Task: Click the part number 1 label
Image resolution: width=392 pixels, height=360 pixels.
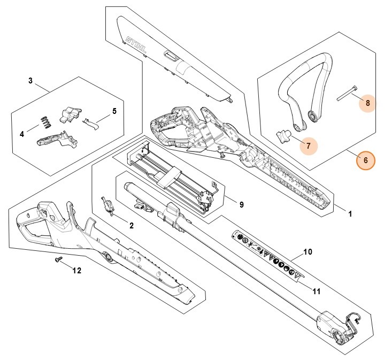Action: (350, 214)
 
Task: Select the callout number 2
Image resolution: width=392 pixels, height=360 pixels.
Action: (132, 226)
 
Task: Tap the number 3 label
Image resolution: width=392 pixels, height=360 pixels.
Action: (30, 81)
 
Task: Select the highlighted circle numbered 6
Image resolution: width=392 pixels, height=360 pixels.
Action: (366, 160)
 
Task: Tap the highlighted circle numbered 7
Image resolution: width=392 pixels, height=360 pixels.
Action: (308, 145)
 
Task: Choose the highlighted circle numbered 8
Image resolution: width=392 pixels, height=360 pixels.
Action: (367, 101)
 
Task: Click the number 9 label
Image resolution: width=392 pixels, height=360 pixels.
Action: (241, 204)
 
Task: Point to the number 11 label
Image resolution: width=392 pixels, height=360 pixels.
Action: (316, 291)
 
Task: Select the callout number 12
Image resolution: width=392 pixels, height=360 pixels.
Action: (76, 271)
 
